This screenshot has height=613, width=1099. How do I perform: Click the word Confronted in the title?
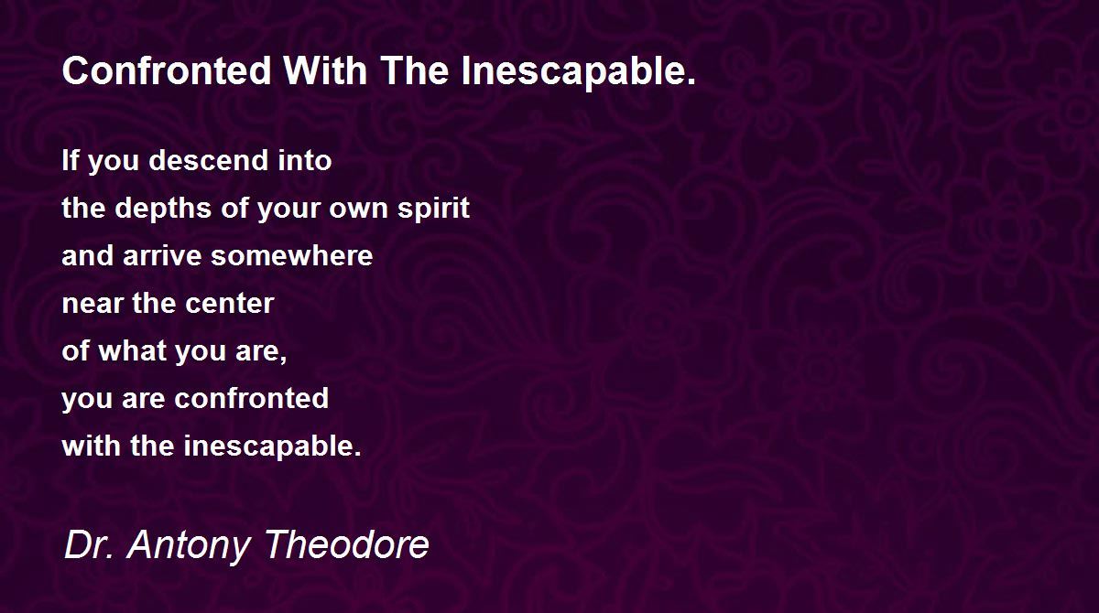click(x=167, y=70)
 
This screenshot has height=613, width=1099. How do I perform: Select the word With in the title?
click(x=325, y=70)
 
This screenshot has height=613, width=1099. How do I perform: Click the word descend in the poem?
click(x=209, y=160)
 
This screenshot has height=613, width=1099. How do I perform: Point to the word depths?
click(x=163, y=208)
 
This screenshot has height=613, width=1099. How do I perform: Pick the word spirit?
click(x=434, y=208)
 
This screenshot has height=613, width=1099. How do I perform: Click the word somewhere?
click(x=292, y=255)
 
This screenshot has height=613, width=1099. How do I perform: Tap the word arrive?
click(x=162, y=255)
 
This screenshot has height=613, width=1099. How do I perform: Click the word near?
click(x=92, y=304)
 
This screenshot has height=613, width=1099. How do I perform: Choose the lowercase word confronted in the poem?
click(x=252, y=398)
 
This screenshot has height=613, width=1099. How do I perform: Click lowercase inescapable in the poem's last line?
click(x=273, y=446)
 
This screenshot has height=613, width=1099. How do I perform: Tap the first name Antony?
click(x=189, y=545)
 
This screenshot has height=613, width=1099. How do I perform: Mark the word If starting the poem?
click(x=71, y=160)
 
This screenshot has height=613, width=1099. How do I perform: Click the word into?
click(x=305, y=160)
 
